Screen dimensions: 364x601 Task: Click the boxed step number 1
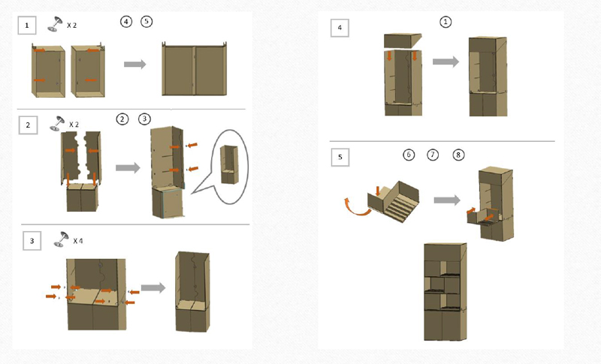(x=28, y=26)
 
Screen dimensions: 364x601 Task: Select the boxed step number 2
(x=28, y=125)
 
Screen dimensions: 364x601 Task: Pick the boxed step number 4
(x=340, y=29)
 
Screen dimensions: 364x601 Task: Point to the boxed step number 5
(x=340, y=157)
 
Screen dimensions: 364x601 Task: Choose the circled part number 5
(x=146, y=22)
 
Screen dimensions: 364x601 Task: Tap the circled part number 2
(x=122, y=119)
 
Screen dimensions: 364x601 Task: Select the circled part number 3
(x=145, y=119)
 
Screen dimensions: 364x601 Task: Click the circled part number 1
(x=446, y=23)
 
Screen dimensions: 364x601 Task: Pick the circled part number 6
(x=409, y=155)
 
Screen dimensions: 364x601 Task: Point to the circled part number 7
(x=433, y=155)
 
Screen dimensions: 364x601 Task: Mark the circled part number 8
(x=458, y=155)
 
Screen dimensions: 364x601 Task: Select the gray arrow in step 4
(x=446, y=62)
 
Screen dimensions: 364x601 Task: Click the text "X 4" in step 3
(x=78, y=241)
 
